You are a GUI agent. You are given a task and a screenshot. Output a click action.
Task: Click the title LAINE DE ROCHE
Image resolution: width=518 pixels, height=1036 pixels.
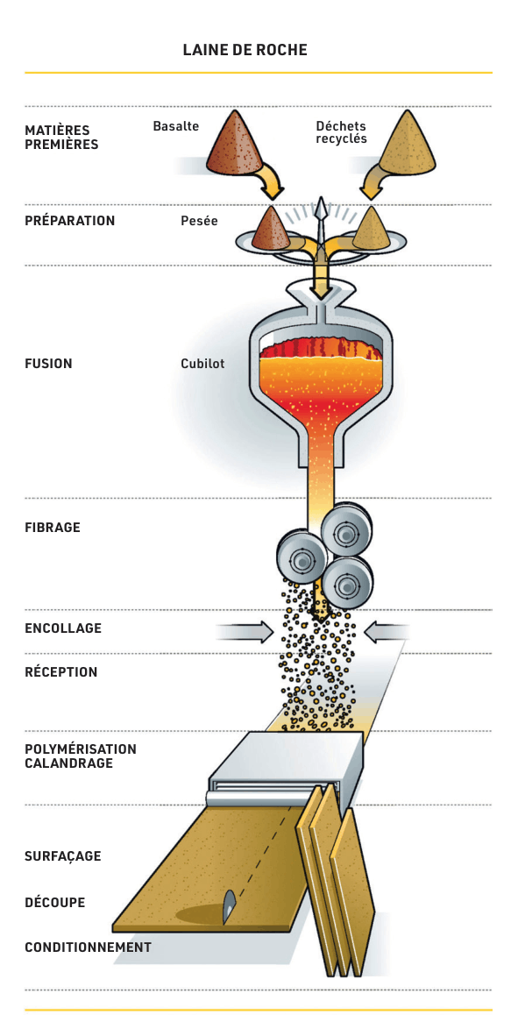pos(245,50)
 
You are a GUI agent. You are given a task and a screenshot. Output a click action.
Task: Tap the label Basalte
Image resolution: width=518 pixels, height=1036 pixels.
pos(176,125)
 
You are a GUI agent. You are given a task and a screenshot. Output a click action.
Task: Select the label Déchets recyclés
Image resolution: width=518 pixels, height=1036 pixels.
pos(341,132)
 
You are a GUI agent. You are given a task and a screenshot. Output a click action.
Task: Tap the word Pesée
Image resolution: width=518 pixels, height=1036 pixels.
pos(199,222)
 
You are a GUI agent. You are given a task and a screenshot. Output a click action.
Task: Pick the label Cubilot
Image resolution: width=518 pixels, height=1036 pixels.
pos(202,364)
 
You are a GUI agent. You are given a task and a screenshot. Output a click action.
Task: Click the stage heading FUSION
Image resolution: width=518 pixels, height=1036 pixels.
pos(48,364)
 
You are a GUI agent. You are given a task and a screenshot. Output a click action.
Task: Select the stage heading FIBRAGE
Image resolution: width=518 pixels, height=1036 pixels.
pos(53,528)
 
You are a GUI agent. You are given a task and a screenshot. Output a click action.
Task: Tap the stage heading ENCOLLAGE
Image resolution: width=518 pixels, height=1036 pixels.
pos(63,628)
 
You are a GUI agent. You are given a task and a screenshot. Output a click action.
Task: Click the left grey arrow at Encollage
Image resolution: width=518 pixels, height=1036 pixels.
pos(244,632)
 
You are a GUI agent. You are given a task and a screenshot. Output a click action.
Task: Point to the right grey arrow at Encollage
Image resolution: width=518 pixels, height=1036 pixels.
pos(387,632)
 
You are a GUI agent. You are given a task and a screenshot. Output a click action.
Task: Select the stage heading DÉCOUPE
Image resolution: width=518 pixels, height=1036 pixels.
pos(55,902)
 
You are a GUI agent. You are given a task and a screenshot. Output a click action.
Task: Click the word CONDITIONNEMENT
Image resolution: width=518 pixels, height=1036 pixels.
pos(88,947)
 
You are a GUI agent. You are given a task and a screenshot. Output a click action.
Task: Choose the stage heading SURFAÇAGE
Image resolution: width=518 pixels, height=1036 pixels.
pos(63,856)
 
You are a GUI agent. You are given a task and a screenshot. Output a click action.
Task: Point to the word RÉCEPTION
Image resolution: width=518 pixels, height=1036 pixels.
pos(60,672)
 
